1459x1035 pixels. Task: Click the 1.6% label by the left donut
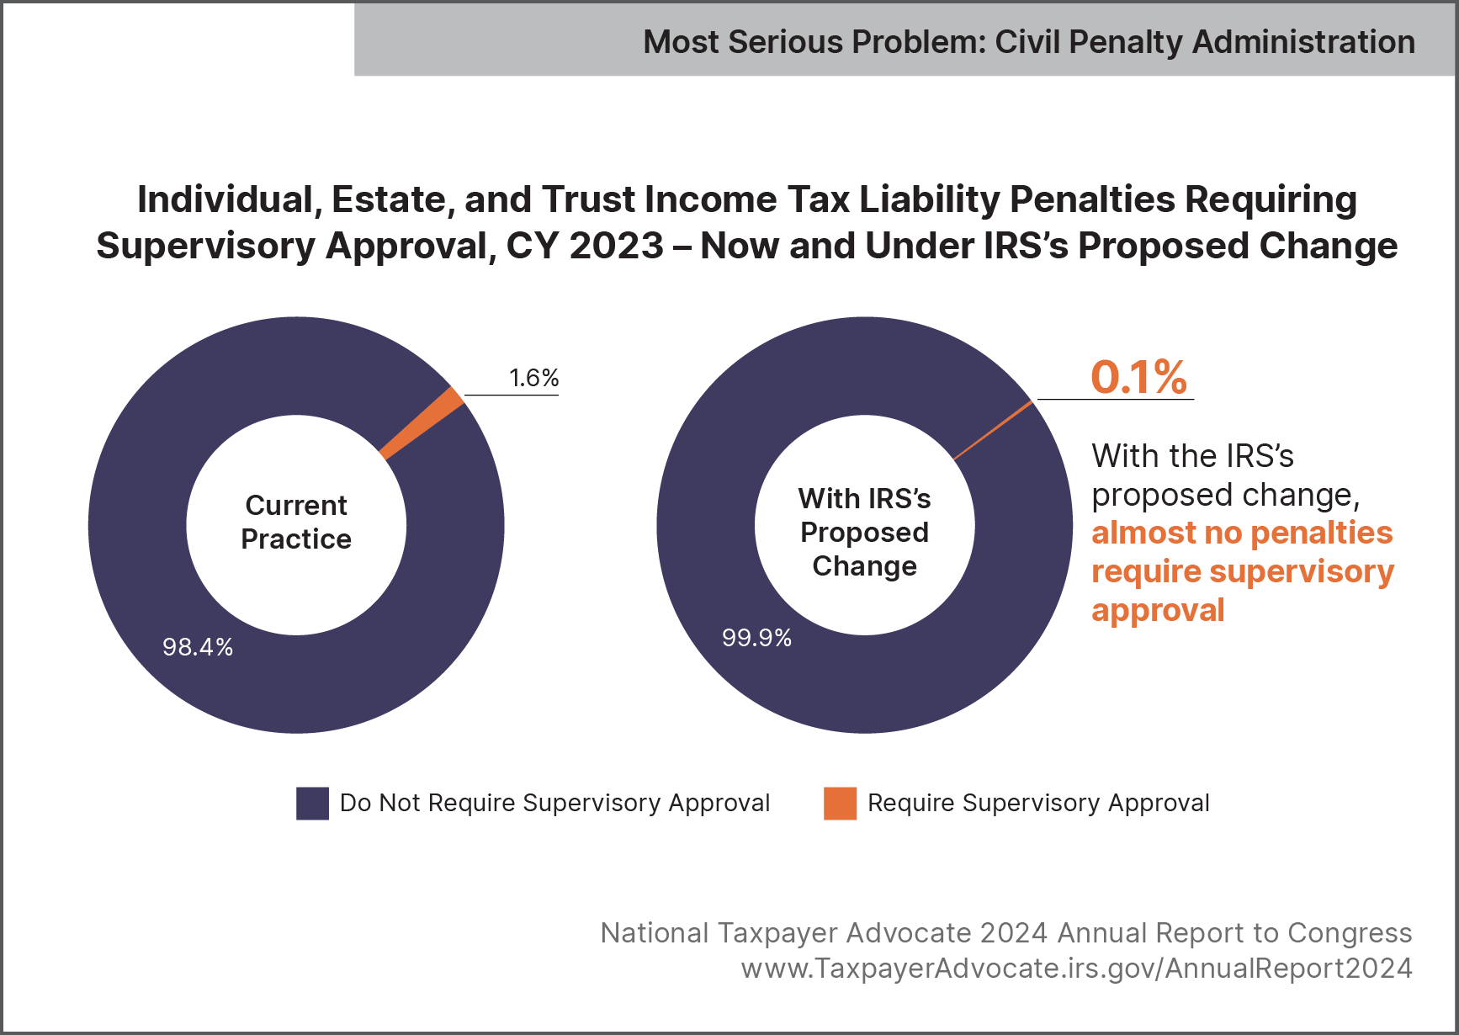click(533, 378)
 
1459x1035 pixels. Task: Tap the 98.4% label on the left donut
click(198, 647)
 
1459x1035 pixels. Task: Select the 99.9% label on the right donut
click(756, 638)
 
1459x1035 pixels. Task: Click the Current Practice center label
click(296, 523)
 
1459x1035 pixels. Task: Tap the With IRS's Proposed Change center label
click(864, 532)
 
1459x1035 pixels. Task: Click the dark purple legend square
click(312, 803)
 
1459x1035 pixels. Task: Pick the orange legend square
click(840, 803)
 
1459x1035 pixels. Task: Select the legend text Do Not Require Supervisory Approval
click(554, 803)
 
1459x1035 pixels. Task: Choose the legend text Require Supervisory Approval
click(1038, 803)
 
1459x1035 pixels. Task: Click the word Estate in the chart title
click(392, 200)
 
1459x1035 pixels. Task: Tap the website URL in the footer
click(1076, 969)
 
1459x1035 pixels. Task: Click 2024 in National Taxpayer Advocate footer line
click(1014, 933)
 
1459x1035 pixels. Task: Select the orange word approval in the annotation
click(1158, 610)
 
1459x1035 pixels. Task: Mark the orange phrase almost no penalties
click(1242, 533)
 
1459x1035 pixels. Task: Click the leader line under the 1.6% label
click(512, 395)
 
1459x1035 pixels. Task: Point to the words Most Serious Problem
click(814, 42)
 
